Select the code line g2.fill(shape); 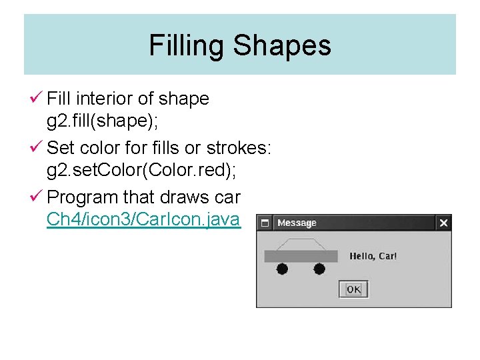tap(97, 121)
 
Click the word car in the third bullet tap(227, 197)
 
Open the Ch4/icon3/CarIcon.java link tap(143, 219)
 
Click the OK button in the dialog tap(353, 289)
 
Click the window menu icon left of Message tap(265, 223)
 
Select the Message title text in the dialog tap(297, 223)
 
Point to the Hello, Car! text tap(373, 256)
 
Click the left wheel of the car tap(282, 269)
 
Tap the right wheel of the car tap(319, 269)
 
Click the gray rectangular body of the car tap(300, 257)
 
